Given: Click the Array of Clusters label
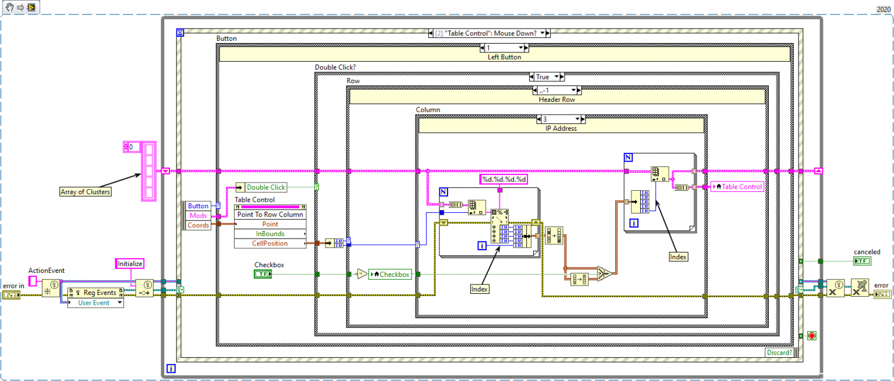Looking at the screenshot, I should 86,191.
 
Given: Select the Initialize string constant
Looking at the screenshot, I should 130,264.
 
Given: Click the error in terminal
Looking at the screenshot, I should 11,295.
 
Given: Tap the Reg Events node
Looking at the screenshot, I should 95,293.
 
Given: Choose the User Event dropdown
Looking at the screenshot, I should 95,302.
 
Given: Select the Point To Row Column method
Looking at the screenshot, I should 269,214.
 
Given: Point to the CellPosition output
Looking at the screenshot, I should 269,244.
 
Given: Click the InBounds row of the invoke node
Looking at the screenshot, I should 269,234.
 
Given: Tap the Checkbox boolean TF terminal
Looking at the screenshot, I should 263,274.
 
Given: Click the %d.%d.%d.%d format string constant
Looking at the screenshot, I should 504,179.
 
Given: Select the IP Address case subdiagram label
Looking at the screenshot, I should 561,128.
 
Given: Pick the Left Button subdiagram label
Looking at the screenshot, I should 504,57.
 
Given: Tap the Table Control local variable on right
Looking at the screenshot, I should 737,187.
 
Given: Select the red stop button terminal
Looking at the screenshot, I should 811,336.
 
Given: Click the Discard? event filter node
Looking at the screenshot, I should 779,352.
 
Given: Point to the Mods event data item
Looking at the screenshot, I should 198,215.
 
